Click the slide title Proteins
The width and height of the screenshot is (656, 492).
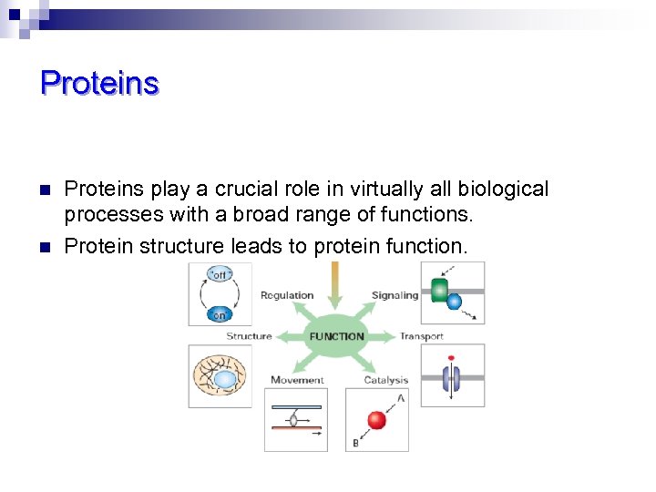(x=99, y=83)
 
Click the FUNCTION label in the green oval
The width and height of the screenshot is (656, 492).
(x=336, y=336)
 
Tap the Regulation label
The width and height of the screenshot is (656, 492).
(x=287, y=295)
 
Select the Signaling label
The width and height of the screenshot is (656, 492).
(x=395, y=295)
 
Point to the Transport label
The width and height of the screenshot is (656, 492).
(x=421, y=336)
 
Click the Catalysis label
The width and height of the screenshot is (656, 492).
(x=386, y=380)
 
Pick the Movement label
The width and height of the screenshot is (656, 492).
(x=297, y=380)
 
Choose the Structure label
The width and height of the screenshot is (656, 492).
(x=249, y=336)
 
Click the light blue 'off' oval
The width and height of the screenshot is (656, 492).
(x=220, y=274)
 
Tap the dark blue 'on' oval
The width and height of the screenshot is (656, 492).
(x=220, y=314)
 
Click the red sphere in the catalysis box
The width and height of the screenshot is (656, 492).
(x=375, y=420)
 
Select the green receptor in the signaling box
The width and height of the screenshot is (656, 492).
(x=439, y=291)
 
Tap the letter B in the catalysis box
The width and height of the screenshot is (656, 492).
(x=354, y=443)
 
